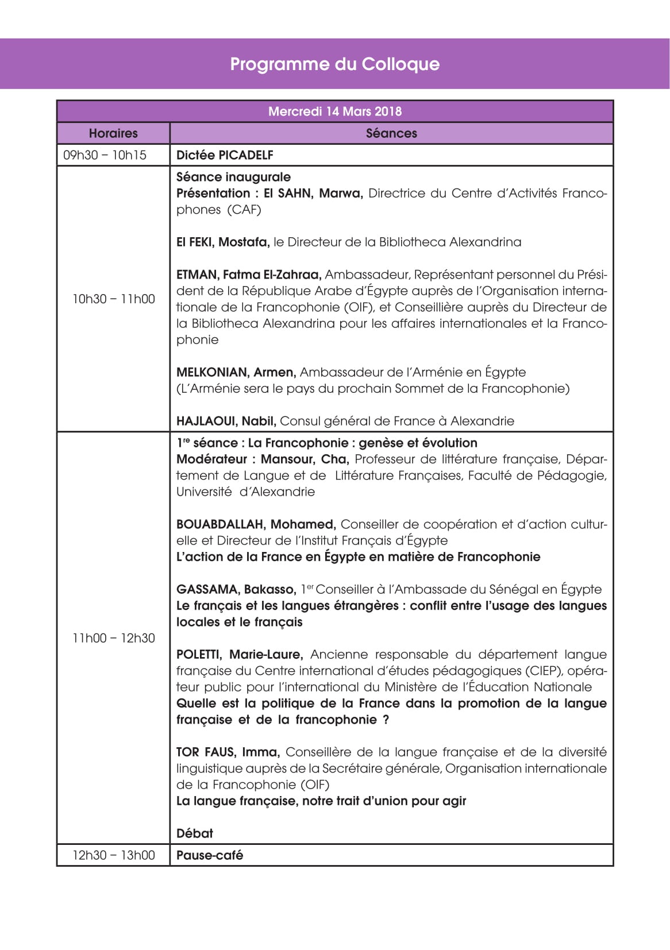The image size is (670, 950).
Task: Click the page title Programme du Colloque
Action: click(334, 64)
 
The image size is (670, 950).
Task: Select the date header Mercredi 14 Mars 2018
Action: click(334, 111)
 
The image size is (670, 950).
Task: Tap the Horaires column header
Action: click(113, 133)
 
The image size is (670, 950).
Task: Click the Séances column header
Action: click(391, 133)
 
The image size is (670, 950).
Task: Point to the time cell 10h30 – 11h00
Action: click(113, 299)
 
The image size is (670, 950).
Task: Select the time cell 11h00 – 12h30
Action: click(113, 638)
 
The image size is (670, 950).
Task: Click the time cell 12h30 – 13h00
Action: click(113, 855)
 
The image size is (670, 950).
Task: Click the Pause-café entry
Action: click(210, 855)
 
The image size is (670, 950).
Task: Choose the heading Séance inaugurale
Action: click(233, 177)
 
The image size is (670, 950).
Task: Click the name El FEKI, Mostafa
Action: click(222, 242)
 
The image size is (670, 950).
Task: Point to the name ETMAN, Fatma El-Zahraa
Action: click(248, 275)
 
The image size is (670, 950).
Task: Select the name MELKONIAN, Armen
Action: click(236, 372)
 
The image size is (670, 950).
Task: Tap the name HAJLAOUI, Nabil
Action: click(226, 421)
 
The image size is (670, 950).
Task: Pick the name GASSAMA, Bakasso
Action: click(236, 589)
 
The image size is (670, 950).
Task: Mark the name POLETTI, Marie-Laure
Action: click(239, 655)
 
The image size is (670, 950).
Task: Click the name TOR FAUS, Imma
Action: click(228, 752)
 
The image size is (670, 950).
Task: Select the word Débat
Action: click(194, 833)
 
